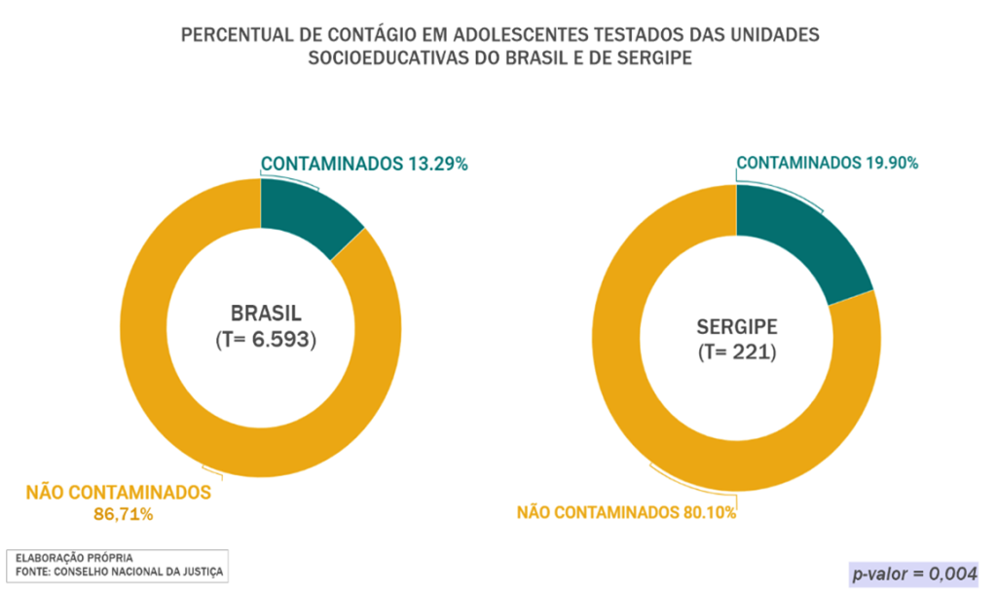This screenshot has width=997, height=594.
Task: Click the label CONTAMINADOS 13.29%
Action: pos(364,165)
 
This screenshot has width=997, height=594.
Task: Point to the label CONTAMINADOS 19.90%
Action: pos(828,163)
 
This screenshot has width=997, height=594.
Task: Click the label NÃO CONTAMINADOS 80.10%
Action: pos(626,511)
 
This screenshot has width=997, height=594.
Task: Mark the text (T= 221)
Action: pos(736,353)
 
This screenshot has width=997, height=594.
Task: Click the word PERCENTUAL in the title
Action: pos(235,36)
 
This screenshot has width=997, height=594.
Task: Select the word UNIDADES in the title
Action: pos(776,36)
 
